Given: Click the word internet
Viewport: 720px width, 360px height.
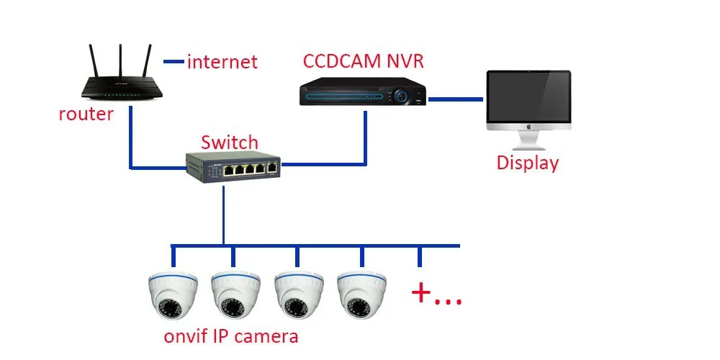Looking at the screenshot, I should (222, 62).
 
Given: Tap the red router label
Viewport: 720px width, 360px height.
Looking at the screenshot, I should (86, 114).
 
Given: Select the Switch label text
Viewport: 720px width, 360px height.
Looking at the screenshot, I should (229, 142).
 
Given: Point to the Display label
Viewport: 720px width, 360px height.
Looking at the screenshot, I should (527, 163).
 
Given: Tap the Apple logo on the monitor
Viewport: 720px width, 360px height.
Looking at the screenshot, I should (528, 126).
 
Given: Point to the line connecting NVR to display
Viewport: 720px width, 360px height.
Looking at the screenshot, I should (455, 97).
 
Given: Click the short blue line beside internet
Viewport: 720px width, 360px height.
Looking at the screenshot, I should (174, 62).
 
